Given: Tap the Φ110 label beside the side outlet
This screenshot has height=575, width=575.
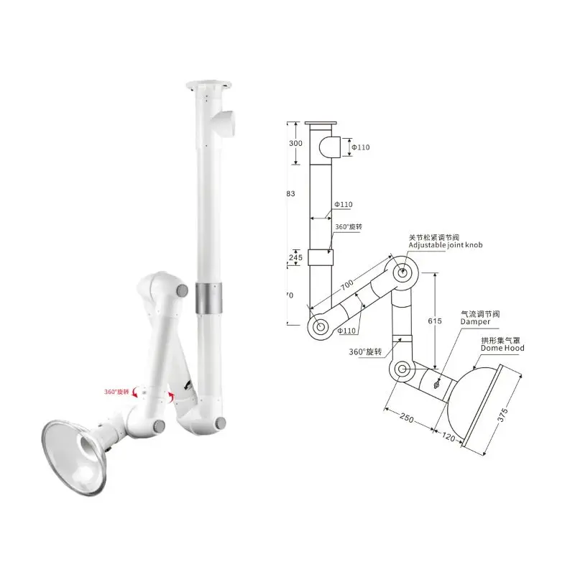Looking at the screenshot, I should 359,148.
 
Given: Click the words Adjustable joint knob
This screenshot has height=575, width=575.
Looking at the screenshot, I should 446,246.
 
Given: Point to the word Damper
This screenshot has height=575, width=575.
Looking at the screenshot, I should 475,322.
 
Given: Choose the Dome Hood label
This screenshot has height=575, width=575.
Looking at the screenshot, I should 502,348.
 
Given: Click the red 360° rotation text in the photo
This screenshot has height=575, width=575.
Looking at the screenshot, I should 114,392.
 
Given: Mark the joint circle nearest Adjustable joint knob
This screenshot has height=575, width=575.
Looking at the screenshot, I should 400,272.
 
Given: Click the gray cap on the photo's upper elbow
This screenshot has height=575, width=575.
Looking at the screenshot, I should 182,292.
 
